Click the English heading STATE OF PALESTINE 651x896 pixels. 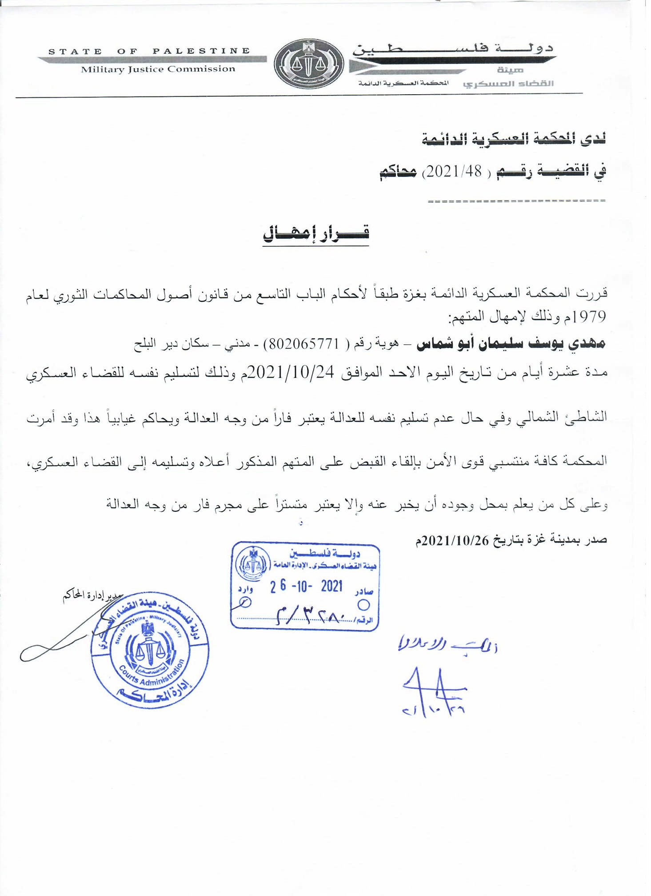point(149,52)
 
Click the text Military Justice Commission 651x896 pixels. point(158,69)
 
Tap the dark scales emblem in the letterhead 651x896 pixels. point(309,64)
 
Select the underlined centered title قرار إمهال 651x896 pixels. point(316,233)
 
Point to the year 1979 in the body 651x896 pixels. point(589,317)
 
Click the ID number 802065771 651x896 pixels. point(304,344)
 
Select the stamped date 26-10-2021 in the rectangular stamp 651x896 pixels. point(307,587)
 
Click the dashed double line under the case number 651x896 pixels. point(516,201)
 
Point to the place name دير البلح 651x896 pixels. point(151,344)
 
